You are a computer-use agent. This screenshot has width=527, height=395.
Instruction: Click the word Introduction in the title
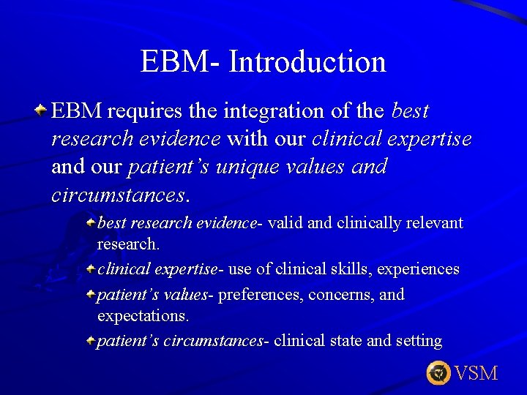(307, 61)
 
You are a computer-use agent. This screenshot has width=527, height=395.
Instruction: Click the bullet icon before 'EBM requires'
(42, 110)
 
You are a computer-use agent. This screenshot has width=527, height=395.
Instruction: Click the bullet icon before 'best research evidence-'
(90, 221)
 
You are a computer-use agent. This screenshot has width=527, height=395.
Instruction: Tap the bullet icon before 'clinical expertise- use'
(90, 268)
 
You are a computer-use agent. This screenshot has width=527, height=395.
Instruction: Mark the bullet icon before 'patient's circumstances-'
(90, 340)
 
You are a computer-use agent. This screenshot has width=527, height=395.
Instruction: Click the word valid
(286, 222)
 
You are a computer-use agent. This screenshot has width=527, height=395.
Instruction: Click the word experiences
(418, 269)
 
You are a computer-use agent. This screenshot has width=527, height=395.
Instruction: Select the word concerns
(339, 296)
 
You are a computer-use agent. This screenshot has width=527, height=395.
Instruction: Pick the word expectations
(143, 317)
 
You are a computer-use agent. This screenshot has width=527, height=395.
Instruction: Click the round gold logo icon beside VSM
(438, 373)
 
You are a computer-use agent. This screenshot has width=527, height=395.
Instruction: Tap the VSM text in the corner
(476, 374)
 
